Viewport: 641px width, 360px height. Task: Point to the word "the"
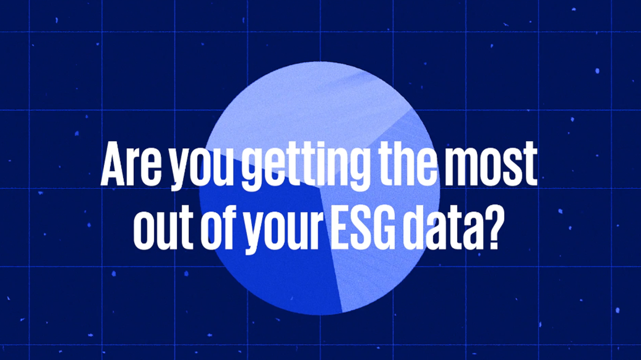click(407, 163)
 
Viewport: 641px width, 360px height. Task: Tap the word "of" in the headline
click(222, 226)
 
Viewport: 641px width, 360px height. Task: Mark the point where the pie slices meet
click(320, 188)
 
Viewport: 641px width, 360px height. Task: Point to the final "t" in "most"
click(530, 165)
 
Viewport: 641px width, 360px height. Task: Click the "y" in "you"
click(181, 170)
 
